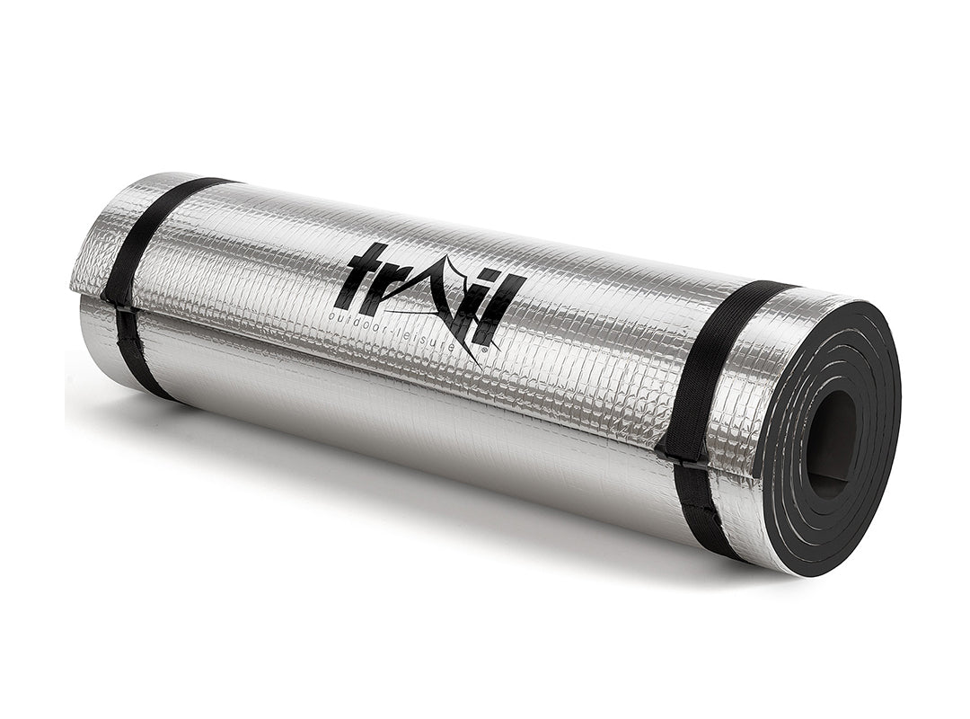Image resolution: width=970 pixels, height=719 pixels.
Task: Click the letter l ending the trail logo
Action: coord(504,310)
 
